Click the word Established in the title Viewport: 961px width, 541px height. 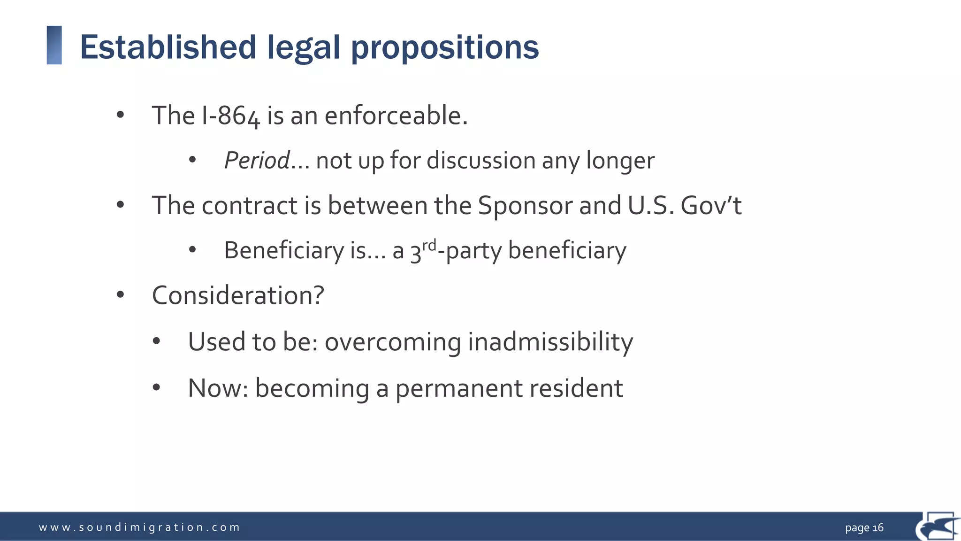tap(168, 47)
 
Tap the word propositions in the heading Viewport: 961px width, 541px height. tap(445, 47)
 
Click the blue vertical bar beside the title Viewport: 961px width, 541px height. tap(54, 45)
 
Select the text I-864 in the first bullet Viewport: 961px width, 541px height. tap(230, 116)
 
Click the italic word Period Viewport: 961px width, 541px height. tap(257, 161)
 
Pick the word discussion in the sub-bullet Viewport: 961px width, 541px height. tap(480, 161)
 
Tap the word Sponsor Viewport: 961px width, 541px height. tap(525, 206)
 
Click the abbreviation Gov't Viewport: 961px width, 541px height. tap(711, 206)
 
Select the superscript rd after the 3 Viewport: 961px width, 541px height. tap(429, 245)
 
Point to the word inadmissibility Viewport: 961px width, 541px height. tap(550, 342)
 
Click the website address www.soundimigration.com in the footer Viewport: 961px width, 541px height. tap(139, 527)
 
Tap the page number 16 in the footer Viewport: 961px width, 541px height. tap(878, 528)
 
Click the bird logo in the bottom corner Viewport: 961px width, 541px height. tap(938, 527)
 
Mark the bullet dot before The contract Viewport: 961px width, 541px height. tap(121, 205)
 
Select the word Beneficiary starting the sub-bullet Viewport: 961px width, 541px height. tap(284, 250)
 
